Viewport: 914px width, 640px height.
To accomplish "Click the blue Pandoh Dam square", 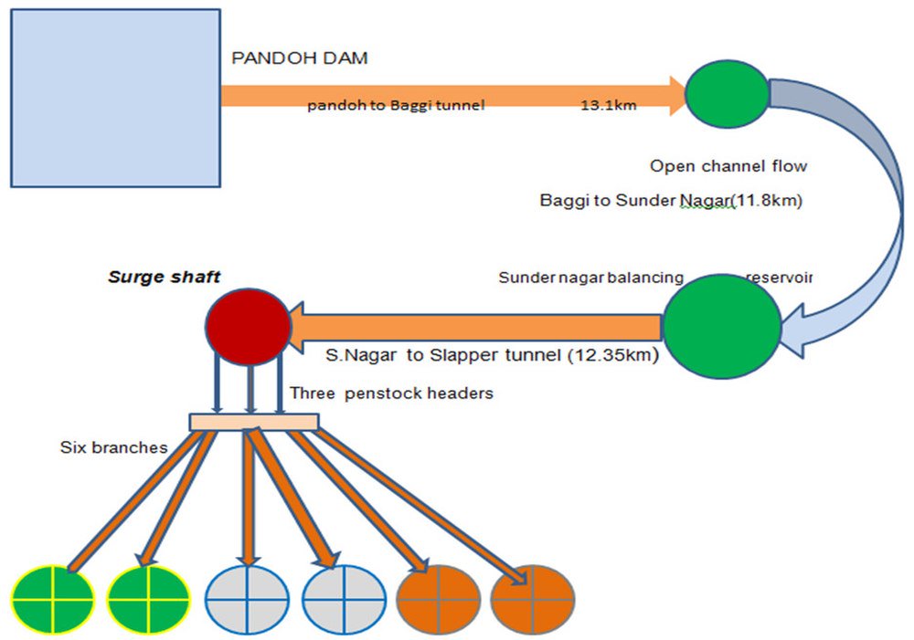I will pos(115,98).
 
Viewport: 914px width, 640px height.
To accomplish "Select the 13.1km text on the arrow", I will pos(609,105).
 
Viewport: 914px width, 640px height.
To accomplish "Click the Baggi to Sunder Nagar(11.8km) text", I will pos(671,202).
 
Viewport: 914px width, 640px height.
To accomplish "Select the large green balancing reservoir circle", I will pos(722,325).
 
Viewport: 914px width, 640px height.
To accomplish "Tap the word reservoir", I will pos(780,277).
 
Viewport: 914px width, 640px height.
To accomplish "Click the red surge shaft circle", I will pos(248,325).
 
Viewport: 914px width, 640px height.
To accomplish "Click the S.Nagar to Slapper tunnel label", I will pos(492,355).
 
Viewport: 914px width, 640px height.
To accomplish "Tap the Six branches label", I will pos(114,447).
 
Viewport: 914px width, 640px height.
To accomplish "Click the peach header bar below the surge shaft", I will pos(253,422).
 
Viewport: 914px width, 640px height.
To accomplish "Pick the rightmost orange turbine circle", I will pos(532,599).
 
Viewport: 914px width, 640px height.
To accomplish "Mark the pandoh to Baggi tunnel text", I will pos(396,106).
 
